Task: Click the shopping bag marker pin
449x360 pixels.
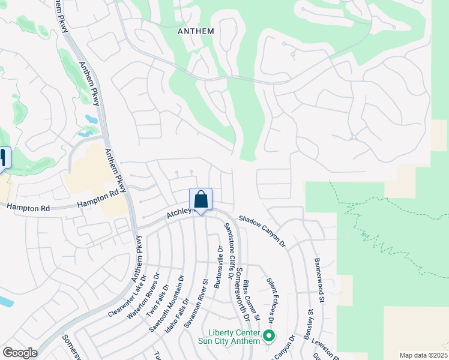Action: (x=200, y=199)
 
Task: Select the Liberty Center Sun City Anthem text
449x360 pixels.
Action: (x=234, y=337)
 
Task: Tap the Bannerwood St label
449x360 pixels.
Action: (x=319, y=280)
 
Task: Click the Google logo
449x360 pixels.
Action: (x=20, y=353)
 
